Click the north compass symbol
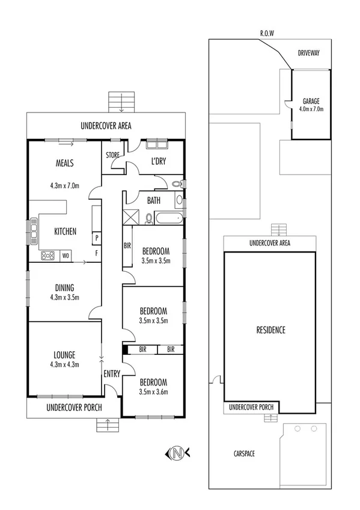coord(176,452)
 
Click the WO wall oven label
coord(66,256)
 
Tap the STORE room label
coord(112,155)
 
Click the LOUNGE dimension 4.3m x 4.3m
coord(65,364)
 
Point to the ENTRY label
coord(112,373)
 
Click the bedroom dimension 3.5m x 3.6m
coord(153,392)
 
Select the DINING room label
coord(65,287)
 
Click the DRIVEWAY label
coord(308,53)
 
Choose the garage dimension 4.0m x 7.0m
coord(311,109)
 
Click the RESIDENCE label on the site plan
coord(270,330)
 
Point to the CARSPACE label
coord(243,453)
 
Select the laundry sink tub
coord(157,144)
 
